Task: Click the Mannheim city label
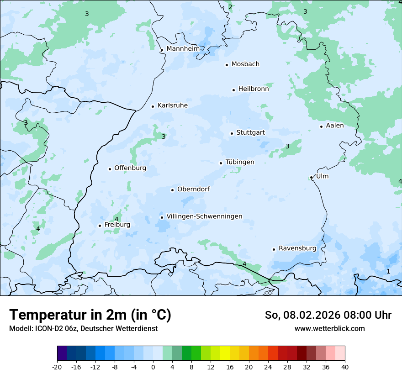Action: click(183, 49)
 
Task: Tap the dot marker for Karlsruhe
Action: click(153, 106)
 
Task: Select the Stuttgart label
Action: click(250, 132)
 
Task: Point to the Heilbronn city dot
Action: click(233, 90)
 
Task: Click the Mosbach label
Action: click(245, 64)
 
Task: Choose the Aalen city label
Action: click(335, 126)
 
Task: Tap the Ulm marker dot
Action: click(312, 177)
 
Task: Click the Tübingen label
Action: click(240, 162)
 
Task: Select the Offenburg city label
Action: click(130, 168)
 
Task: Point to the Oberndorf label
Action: click(193, 189)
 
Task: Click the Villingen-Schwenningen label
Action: click(204, 216)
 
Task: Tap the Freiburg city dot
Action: click(100, 226)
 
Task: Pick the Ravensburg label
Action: click(297, 248)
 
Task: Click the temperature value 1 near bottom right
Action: click(388, 271)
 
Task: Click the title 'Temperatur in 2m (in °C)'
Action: click(90, 315)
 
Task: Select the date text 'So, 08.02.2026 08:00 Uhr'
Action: click(328, 315)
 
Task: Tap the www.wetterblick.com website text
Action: click(329, 329)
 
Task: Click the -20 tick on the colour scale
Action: click(57, 367)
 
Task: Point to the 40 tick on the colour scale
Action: click(345, 367)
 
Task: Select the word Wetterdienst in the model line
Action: click(138, 329)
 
